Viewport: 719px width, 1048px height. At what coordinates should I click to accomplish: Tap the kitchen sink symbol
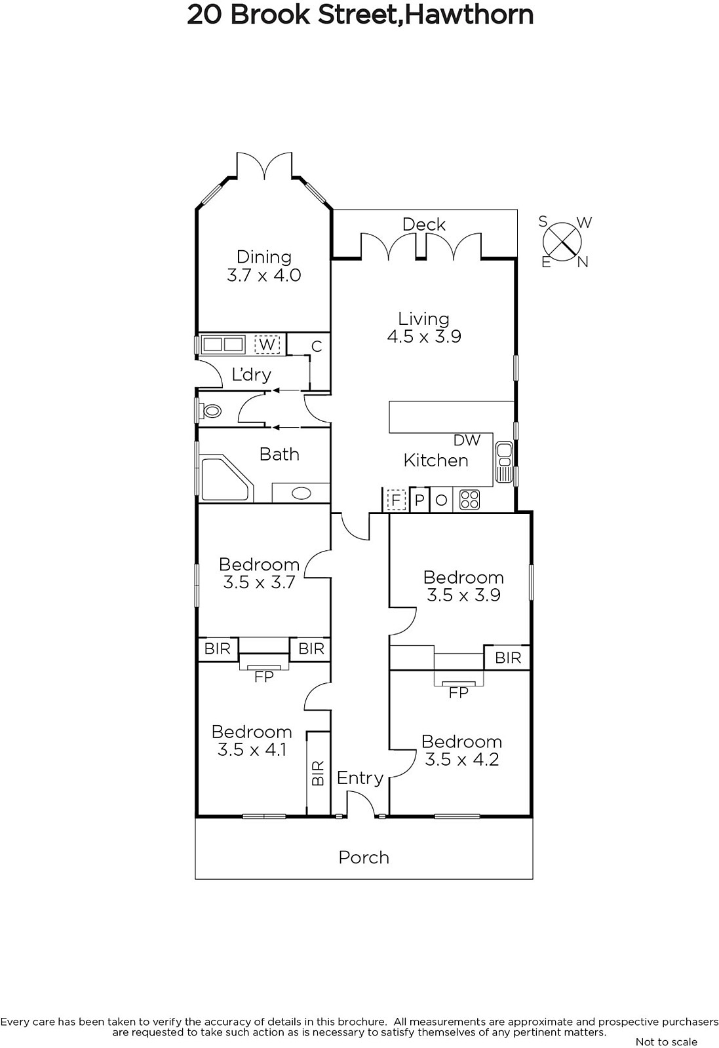(x=504, y=462)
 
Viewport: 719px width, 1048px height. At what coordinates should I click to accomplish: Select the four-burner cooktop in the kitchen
(x=469, y=499)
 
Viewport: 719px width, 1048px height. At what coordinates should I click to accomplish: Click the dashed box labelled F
(x=396, y=500)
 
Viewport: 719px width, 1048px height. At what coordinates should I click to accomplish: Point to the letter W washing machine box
(x=267, y=345)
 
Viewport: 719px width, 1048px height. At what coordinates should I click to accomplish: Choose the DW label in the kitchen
(x=467, y=440)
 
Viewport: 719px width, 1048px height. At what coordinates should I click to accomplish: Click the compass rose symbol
(x=563, y=242)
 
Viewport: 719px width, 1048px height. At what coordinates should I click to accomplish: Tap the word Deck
(x=424, y=225)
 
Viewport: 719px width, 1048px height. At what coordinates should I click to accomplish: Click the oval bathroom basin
(x=301, y=493)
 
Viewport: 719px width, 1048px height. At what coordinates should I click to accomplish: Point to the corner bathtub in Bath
(x=227, y=479)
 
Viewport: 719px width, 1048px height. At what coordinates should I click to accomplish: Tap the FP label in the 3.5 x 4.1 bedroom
(x=264, y=677)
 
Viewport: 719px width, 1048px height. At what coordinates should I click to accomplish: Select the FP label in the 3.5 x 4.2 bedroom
(x=458, y=692)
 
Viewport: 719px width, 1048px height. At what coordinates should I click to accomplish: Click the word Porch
(x=364, y=857)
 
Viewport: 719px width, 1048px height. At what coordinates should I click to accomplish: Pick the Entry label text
(x=360, y=778)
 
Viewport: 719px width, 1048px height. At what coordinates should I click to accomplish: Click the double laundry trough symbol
(x=223, y=345)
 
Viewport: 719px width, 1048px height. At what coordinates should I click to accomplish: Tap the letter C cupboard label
(x=317, y=346)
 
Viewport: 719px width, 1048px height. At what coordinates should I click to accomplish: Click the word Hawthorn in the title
(x=468, y=14)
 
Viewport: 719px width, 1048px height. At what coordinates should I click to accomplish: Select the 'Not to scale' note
(x=667, y=1041)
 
